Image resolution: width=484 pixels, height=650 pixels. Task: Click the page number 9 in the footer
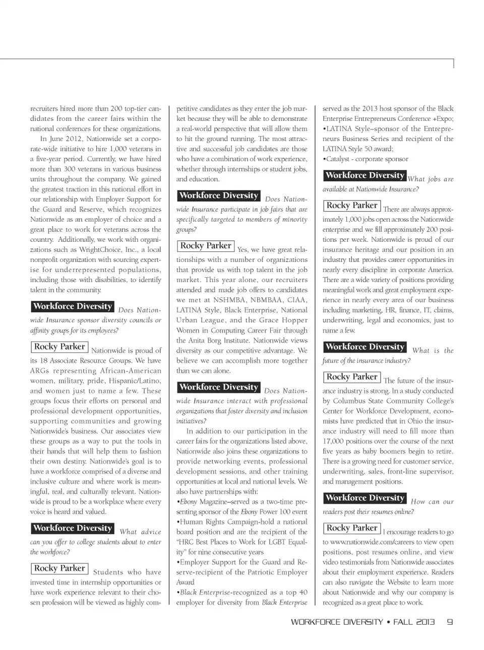click(x=450, y=622)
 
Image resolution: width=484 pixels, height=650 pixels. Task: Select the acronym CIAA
click(x=297, y=300)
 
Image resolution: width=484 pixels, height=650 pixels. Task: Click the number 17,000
click(x=333, y=441)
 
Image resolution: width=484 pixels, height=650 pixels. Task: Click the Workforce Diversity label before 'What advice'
click(x=73, y=528)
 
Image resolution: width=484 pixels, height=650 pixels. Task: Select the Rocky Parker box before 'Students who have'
click(x=59, y=568)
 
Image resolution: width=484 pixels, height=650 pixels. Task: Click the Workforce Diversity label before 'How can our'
click(x=365, y=498)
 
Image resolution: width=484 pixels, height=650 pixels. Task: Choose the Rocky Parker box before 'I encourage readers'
click(x=352, y=528)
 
